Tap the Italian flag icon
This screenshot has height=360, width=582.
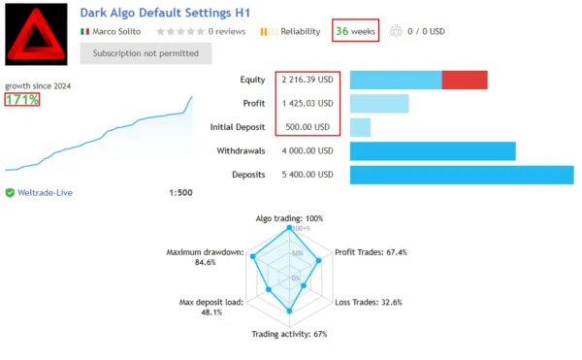coord(85,31)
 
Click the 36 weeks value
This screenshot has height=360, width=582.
coord(355,31)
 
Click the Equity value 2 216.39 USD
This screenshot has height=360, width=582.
coord(307,80)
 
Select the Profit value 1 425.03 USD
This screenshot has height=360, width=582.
coord(307,103)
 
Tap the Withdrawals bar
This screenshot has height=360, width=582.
coord(432,151)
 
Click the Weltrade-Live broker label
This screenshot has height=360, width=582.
coord(45,192)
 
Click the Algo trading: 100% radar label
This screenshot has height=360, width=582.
coord(289,217)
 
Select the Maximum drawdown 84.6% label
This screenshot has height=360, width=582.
coord(205,256)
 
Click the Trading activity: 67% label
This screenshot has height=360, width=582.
coord(289,334)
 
